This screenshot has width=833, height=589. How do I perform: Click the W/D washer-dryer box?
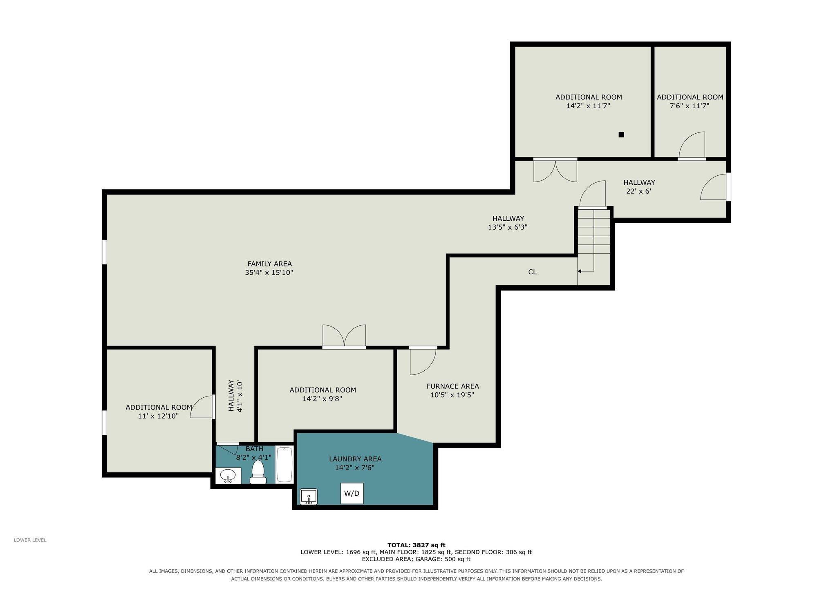tap(352, 493)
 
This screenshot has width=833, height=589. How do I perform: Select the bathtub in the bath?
tap(284, 465)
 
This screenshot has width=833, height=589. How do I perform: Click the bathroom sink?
tap(228, 476)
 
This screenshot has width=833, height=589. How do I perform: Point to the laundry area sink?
tap(309, 497)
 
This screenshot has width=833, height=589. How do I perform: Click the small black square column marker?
tap(621, 134)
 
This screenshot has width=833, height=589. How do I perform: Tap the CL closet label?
tap(532, 272)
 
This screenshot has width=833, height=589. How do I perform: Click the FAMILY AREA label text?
tap(269, 264)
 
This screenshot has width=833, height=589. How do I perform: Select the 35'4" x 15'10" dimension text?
tap(269, 273)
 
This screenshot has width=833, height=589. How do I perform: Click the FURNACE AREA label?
tap(452, 386)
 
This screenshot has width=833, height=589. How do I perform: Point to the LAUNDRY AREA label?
tap(355, 459)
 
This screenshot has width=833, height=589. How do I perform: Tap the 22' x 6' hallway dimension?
tap(638, 191)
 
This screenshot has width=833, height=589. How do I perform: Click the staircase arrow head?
tap(579, 271)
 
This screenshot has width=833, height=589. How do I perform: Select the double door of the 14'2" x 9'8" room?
tap(344, 336)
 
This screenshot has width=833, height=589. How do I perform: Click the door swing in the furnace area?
tap(423, 361)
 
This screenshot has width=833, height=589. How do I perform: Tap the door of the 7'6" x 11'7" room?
tap(692, 146)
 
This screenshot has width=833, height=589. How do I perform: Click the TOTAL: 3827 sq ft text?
tap(416, 545)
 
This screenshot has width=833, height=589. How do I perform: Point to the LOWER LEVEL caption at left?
tap(30, 540)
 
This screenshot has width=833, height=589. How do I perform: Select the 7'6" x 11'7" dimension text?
tap(690, 106)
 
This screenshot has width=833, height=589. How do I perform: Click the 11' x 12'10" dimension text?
tap(159, 416)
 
